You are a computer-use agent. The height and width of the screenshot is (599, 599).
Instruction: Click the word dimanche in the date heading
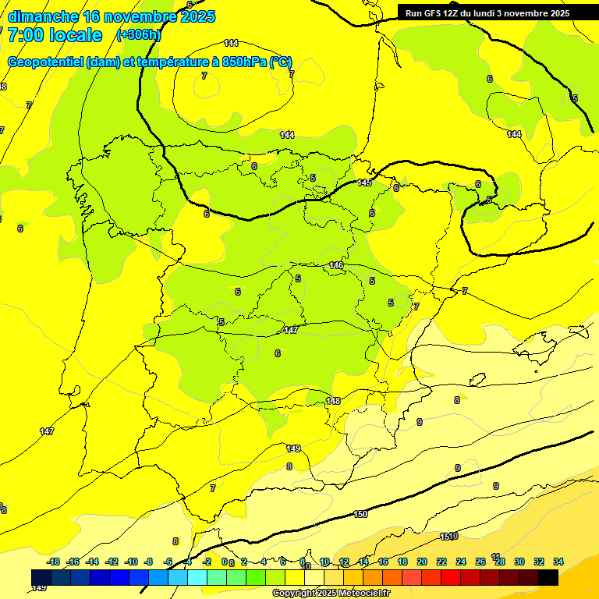pyautogui.click(x=43, y=16)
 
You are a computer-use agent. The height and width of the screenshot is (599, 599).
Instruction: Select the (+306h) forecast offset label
pyautogui.click(x=138, y=35)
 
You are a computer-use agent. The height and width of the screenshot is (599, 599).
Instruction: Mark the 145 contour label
pyautogui.click(x=364, y=183)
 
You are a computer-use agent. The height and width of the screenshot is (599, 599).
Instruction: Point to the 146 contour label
pyautogui.click(x=336, y=265)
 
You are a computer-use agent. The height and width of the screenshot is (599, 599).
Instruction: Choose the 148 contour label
pyautogui.click(x=333, y=401)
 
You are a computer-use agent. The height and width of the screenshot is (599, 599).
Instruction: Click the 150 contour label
pyautogui.click(x=360, y=514)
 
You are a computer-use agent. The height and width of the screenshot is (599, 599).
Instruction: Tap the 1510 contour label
pyautogui.click(x=448, y=536)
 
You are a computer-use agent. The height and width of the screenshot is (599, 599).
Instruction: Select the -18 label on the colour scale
pyautogui.click(x=54, y=562)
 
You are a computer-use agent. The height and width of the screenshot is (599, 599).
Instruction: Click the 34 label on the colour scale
pyautogui.click(x=558, y=562)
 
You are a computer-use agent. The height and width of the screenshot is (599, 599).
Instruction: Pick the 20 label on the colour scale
pyautogui.click(x=422, y=562)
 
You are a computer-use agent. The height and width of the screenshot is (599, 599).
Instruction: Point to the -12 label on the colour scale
pyautogui.click(x=112, y=562)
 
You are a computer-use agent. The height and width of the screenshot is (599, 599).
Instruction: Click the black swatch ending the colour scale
pyautogui.click(x=548, y=577)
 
